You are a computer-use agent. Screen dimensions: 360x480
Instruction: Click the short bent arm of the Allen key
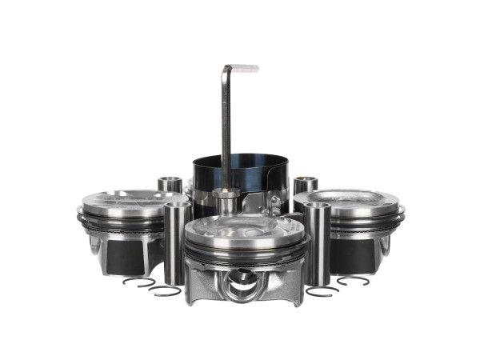(242, 69)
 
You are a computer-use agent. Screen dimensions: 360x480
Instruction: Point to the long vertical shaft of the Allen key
(226, 128)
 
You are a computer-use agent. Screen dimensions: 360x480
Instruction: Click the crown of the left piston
(124, 202)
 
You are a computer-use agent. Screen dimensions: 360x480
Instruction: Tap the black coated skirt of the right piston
(352, 255)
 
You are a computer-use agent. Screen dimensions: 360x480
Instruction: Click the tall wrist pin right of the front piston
(317, 244)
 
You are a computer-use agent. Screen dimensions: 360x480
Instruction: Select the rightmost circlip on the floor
(353, 281)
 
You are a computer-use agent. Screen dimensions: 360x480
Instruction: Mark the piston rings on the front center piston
(244, 255)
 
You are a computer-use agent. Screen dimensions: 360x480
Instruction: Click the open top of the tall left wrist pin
(177, 206)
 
